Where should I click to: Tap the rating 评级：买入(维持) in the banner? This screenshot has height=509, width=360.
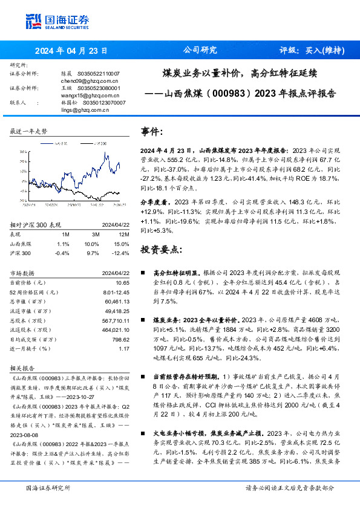(312, 51)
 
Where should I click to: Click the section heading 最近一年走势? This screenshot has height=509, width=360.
(29, 131)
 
